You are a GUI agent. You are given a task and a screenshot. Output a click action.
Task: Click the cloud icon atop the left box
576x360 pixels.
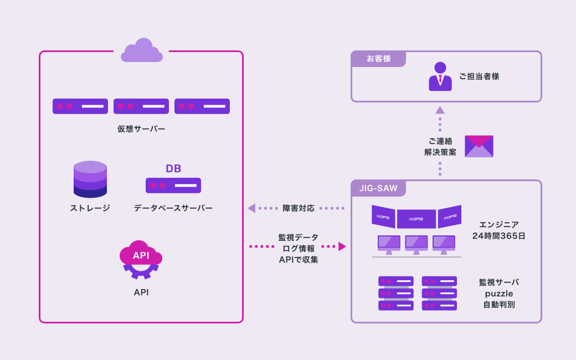click(x=142, y=51)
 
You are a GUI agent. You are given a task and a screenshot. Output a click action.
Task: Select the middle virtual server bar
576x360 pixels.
click(x=141, y=106)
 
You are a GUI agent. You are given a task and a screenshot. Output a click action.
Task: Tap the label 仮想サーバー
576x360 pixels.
click(x=141, y=128)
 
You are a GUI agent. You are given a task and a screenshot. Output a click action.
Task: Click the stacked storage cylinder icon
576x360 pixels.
click(x=90, y=179)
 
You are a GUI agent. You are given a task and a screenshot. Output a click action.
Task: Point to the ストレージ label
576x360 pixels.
click(x=90, y=208)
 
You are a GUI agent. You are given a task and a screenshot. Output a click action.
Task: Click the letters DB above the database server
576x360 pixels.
click(x=173, y=168)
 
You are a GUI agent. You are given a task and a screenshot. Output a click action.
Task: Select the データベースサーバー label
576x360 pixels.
click(x=173, y=208)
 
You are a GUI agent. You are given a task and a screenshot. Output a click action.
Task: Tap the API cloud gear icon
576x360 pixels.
click(x=141, y=259)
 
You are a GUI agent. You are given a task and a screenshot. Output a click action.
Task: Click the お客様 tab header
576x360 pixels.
click(x=379, y=59)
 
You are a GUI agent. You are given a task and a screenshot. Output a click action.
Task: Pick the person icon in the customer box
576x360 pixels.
click(x=440, y=76)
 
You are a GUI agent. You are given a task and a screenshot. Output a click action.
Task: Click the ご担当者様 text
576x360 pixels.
click(x=479, y=76)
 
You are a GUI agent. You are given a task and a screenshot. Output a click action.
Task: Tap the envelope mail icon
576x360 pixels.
click(x=479, y=146)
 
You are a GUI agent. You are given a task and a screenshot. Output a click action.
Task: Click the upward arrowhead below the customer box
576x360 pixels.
click(x=440, y=110)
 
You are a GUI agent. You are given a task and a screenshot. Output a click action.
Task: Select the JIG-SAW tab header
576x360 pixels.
click(x=378, y=188)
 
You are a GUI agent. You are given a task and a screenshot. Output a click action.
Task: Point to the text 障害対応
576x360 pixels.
click(x=299, y=208)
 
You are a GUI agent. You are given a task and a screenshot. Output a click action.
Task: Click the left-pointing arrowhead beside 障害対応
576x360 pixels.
click(x=251, y=208)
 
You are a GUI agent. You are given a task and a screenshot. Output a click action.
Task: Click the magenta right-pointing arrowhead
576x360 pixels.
click(x=342, y=246)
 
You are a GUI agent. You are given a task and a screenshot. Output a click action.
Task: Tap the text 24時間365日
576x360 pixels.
click(x=498, y=236)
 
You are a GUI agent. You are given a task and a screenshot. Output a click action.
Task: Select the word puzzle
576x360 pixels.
click(x=499, y=294)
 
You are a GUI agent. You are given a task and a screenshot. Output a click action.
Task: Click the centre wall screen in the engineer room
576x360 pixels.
click(x=416, y=219)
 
